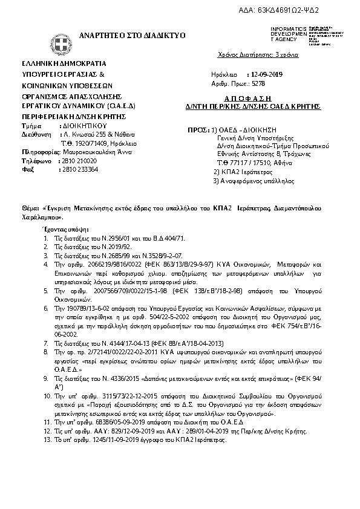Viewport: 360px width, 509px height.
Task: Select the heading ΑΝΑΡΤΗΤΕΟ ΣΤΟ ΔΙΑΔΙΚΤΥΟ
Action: pyautogui.click(x=124, y=36)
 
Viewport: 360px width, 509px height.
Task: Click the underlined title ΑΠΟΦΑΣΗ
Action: pyautogui.click(x=253, y=98)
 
